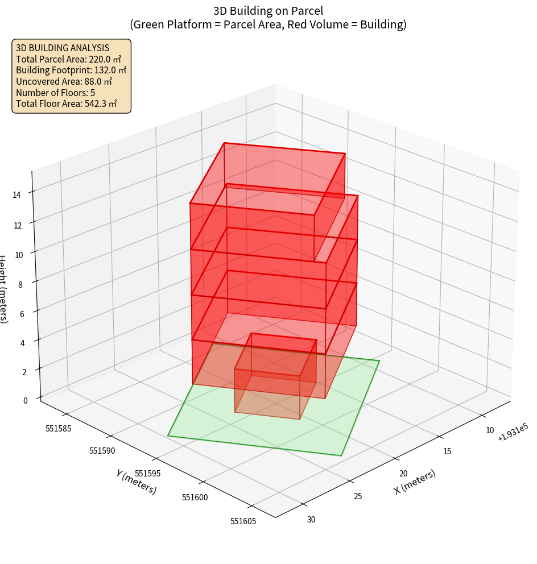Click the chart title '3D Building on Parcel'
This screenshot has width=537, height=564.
[268, 11]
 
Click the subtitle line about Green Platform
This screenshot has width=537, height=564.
[268, 24]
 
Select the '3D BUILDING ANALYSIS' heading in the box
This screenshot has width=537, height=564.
[63, 48]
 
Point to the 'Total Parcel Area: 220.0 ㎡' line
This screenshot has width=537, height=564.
[68, 59]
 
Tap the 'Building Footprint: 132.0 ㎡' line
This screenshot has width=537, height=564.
[71, 70]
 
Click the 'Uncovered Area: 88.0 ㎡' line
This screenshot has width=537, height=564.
[64, 81]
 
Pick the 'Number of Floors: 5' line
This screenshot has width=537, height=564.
[55, 93]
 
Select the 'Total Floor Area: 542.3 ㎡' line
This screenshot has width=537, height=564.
[66, 104]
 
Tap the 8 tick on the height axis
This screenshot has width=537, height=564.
[20, 283]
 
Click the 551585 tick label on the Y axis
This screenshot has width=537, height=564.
[58, 428]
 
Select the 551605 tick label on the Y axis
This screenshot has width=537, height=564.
[243, 520]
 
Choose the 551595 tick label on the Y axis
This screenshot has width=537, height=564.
[148, 474]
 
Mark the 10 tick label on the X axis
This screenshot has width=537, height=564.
[490, 430]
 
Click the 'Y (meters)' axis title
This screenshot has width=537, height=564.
[136, 482]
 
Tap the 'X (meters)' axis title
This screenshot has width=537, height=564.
[415, 482]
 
